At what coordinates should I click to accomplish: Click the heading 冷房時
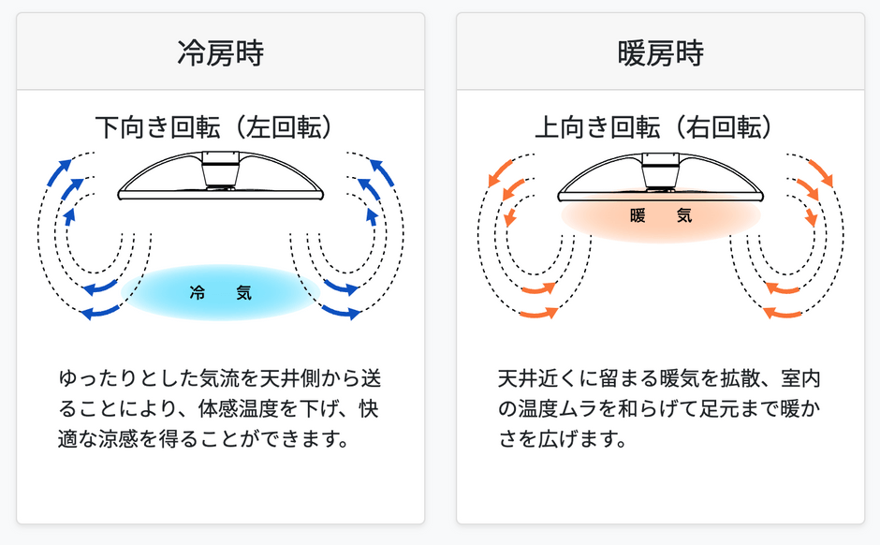221,53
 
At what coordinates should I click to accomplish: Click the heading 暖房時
661,53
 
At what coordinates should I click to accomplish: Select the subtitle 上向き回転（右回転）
653,127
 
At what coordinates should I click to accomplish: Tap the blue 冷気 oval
221,292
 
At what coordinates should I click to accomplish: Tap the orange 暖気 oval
661,215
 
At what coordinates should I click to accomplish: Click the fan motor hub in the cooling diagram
221,170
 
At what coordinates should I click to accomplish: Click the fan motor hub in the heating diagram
661,170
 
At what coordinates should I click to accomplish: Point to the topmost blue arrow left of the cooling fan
60,171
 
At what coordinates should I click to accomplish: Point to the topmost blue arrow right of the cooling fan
382,171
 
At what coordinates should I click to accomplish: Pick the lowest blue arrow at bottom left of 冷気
100,312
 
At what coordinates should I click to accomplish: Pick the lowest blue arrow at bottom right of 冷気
341,312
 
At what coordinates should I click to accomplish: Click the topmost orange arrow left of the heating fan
500,173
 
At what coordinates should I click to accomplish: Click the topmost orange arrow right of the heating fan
821,173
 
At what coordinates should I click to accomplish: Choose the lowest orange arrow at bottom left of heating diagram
539,313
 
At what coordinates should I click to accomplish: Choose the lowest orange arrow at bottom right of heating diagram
783,313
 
